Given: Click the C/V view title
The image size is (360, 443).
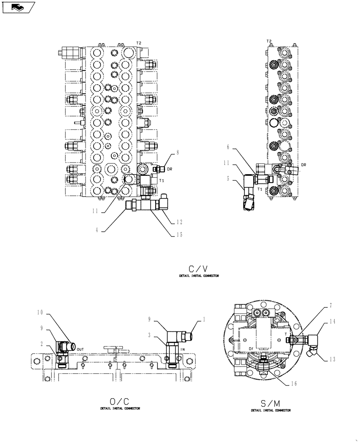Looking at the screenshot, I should [198, 268].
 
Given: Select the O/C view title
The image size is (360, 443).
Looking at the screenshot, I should [120, 401].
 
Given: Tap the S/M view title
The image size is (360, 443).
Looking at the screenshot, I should [270, 404].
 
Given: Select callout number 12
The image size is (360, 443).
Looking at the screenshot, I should [179, 222].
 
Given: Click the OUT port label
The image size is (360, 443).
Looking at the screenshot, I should [80, 350].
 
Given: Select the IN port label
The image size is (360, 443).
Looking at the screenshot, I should [183, 350].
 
